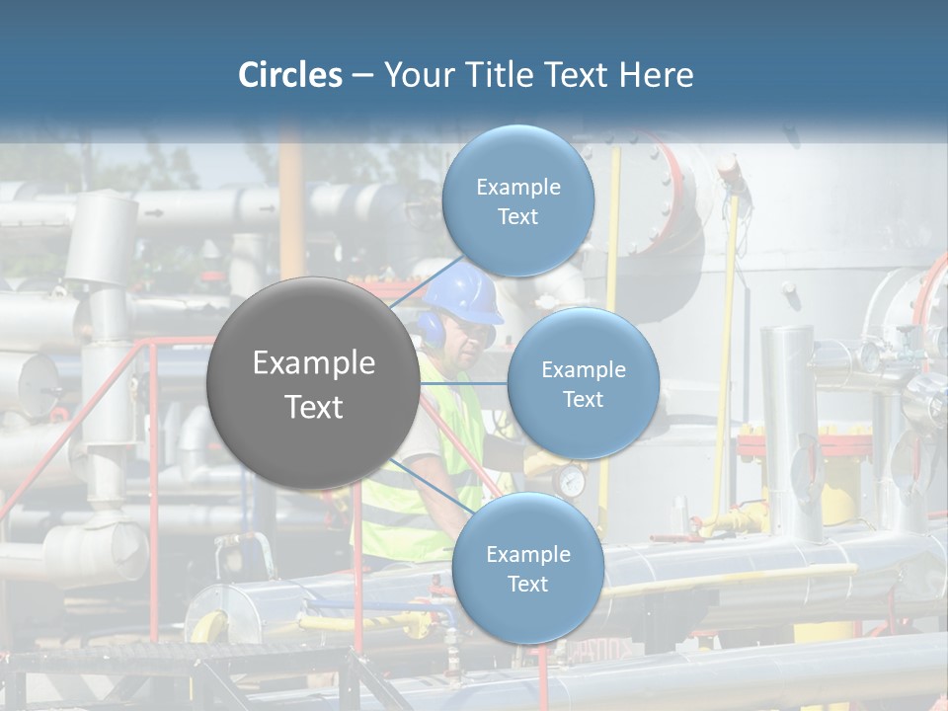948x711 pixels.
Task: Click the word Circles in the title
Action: [289, 75]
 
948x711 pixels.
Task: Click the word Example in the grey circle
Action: [314, 363]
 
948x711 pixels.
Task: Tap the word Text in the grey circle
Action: [314, 407]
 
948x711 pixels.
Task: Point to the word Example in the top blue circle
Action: [518, 188]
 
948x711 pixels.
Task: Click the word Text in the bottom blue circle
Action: [527, 584]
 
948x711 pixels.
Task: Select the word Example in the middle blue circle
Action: [584, 370]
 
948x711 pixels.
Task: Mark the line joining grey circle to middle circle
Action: [464, 384]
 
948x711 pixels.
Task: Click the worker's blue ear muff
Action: [433, 328]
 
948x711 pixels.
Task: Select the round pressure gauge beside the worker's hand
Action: [570, 481]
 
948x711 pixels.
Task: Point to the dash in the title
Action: [362, 76]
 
